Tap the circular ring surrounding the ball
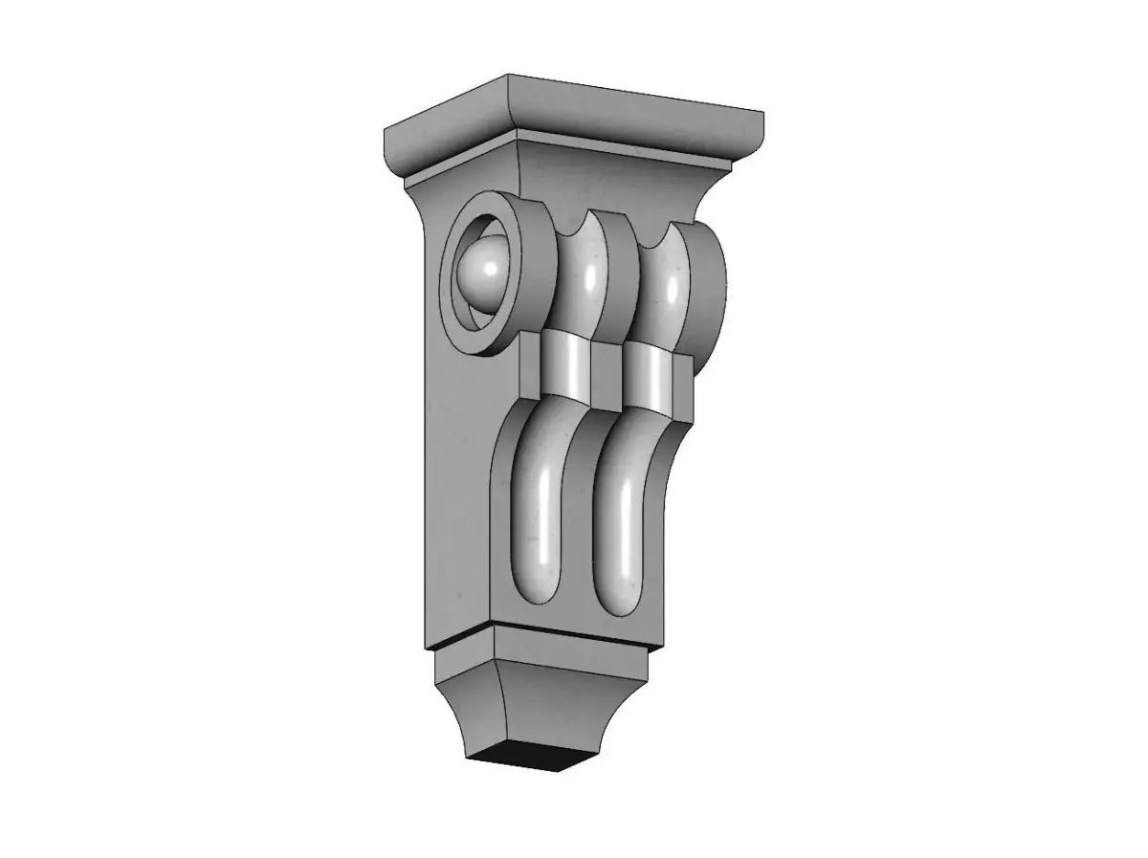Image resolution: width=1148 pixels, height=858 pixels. pos(529,277)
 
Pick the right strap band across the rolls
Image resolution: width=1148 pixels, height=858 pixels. pos(649,376)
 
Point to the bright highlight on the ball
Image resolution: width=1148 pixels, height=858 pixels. pos(491,271)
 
